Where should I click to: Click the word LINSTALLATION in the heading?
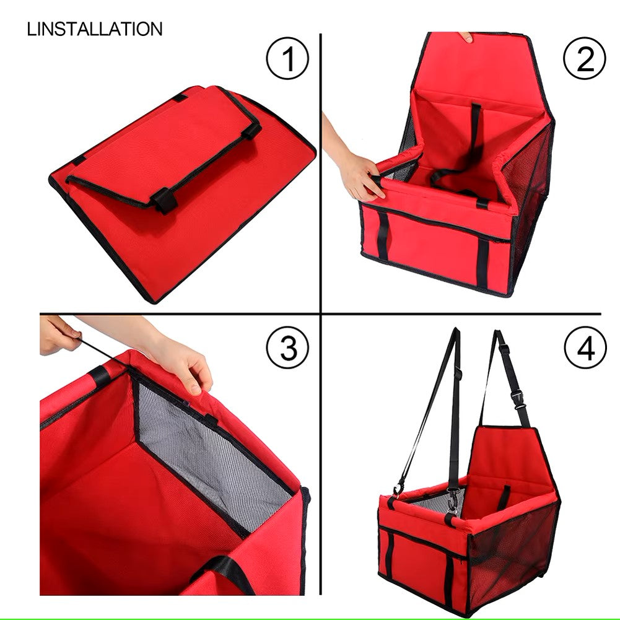(95, 29)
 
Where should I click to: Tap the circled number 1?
(287, 58)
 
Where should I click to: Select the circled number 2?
(585, 58)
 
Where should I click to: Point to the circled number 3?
(287, 347)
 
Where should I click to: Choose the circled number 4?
(585, 347)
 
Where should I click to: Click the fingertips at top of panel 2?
(466, 37)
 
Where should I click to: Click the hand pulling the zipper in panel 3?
(59, 335)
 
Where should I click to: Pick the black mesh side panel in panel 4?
(511, 554)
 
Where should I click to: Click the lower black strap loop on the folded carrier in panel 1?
(164, 200)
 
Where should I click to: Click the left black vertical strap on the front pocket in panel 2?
(382, 236)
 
